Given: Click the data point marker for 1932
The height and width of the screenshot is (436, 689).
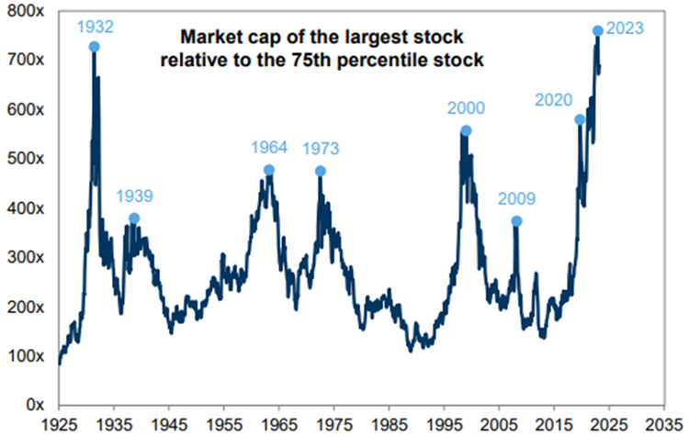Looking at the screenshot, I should tap(95, 46).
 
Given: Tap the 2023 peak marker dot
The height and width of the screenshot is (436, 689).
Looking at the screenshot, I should tap(598, 30).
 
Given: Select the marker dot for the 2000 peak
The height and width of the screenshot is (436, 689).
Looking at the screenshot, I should tap(466, 131).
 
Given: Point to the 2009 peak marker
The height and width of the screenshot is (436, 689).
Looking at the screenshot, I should tap(516, 221).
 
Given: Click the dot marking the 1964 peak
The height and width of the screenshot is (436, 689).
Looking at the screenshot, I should tap(269, 170).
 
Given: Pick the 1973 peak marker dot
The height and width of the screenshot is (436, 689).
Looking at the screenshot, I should tap(321, 171).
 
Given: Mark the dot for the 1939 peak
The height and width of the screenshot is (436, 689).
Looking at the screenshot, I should tap(134, 218).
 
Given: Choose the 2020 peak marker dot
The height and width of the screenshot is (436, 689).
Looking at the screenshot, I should tap(580, 119).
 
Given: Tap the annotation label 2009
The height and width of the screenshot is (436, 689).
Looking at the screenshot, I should tap(516, 198).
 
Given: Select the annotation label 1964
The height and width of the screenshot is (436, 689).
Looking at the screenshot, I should tap(269, 147).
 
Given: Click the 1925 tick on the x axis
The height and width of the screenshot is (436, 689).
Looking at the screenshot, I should tap(59, 424).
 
